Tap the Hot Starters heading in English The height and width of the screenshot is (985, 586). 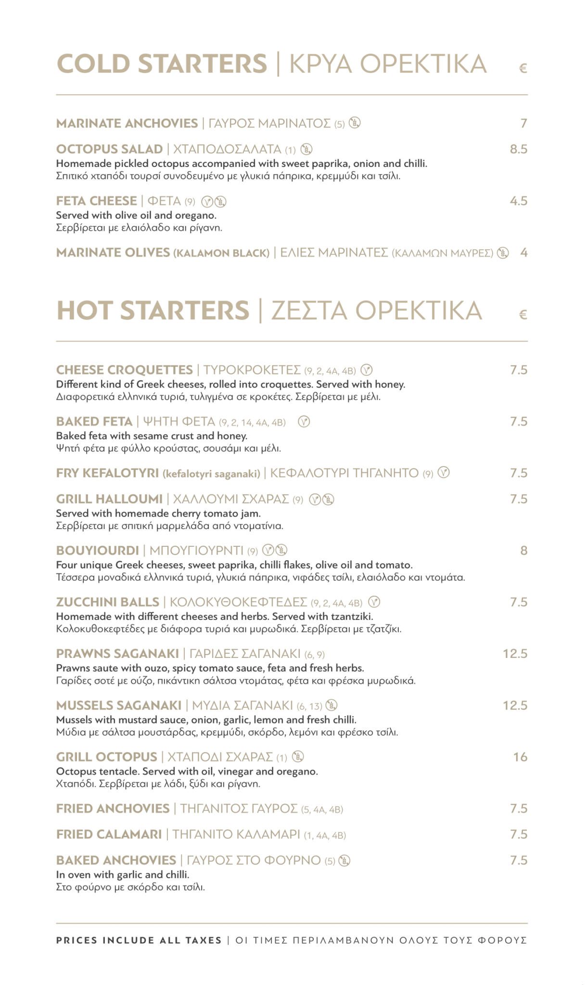coord(153,311)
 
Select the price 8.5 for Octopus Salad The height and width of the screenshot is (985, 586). coord(519,150)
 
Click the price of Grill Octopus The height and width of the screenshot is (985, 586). coord(520,757)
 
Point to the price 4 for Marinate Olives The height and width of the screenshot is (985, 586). coord(524,253)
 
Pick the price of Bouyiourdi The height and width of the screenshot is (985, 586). coord(524,551)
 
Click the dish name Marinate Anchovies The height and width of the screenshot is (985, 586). coord(127,124)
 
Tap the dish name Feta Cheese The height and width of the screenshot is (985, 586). coord(96,201)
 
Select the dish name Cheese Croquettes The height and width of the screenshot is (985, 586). coord(124,370)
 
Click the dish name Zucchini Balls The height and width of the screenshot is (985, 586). coord(107,602)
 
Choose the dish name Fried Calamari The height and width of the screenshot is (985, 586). coord(109,834)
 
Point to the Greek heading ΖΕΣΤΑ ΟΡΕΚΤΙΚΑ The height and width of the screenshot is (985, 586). coord(376,311)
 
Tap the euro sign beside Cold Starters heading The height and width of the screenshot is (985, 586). coord(523,68)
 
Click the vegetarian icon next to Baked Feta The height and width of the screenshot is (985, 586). coord(304,422)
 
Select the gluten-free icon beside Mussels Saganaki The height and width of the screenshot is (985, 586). coord(331,706)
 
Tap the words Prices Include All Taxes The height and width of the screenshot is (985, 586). coord(139,940)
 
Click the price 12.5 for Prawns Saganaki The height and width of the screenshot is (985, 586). coord(515,654)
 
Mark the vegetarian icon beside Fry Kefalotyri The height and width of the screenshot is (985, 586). coord(444,473)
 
